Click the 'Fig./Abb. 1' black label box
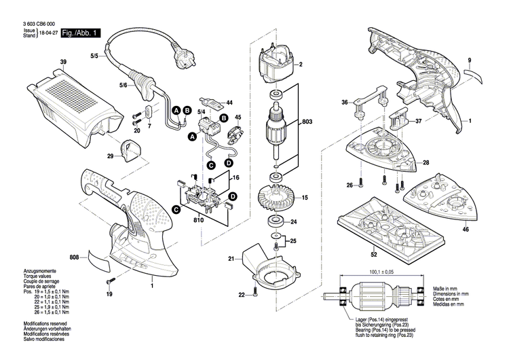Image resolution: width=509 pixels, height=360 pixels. (x=80, y=33)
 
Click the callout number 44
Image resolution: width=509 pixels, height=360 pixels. (x=229, y=103)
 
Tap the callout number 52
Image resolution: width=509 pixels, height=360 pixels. (x=374, y=255)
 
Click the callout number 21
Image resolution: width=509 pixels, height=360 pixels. (x=231, y=259)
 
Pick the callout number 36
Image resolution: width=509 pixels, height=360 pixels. (x=345, y=103)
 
